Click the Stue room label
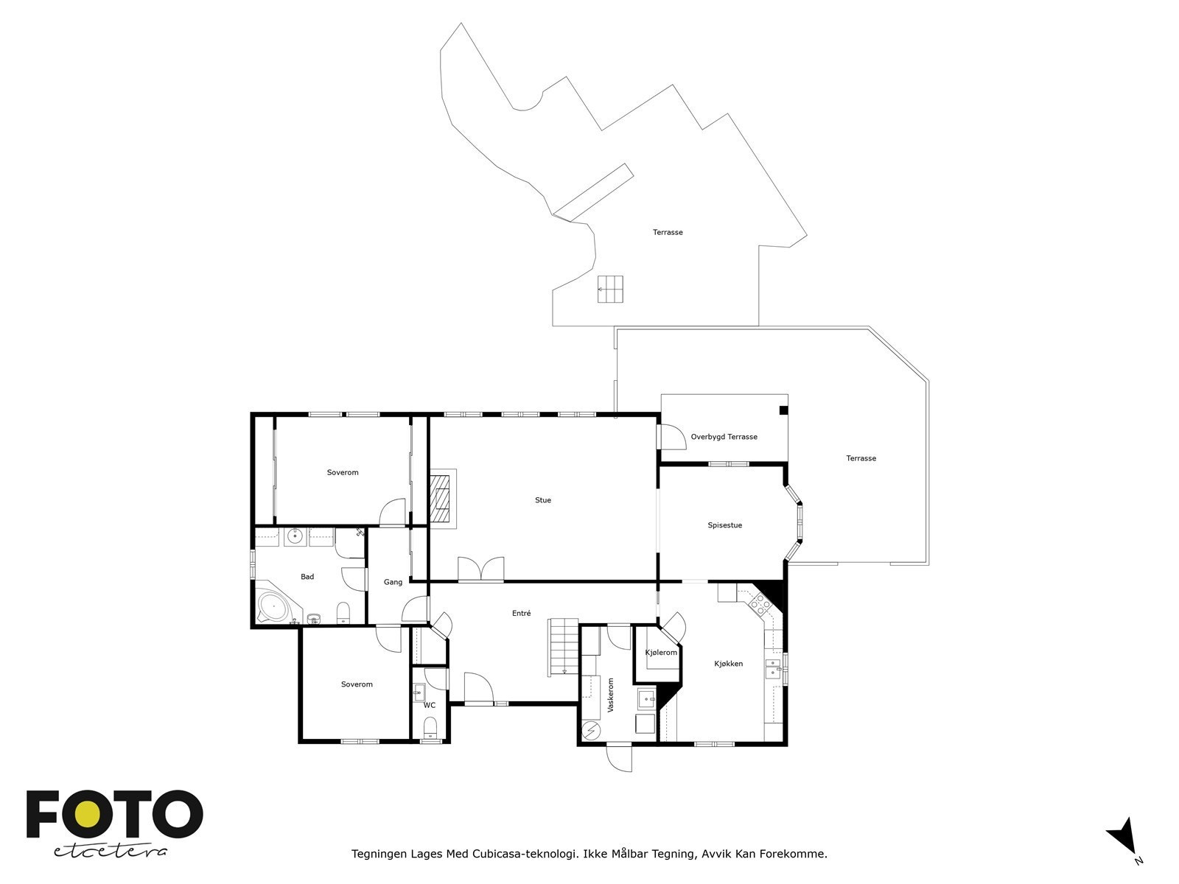pyautogui.click(x=542, y=500)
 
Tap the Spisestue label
pyautogui.click(x=724, y=525)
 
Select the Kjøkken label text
pyautogui.click(x=728, y=664)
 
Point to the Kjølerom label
pyautogui.click(x=661, y=653)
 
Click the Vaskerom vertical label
pyautogui.click(x=610, y=695)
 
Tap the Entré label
pyautogui.click(x=521, y=613)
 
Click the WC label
pyautogui.click(x=429, y=705)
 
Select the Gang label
pyautogui.click(x=393, y=582)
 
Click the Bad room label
pyautogui.click(x=307, y=577)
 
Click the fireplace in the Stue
pyautogui.click(x=442, y=499)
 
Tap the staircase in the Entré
pyautogui.click(x=562, y=646)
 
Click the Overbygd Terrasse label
pyautogui.click(x=724, y=437)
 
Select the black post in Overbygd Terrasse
pyautogui.click(x=783, y=410)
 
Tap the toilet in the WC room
pyautogui.click(x=430, y=729)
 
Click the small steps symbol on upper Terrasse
pyautogui.click(x=610, y=289)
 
